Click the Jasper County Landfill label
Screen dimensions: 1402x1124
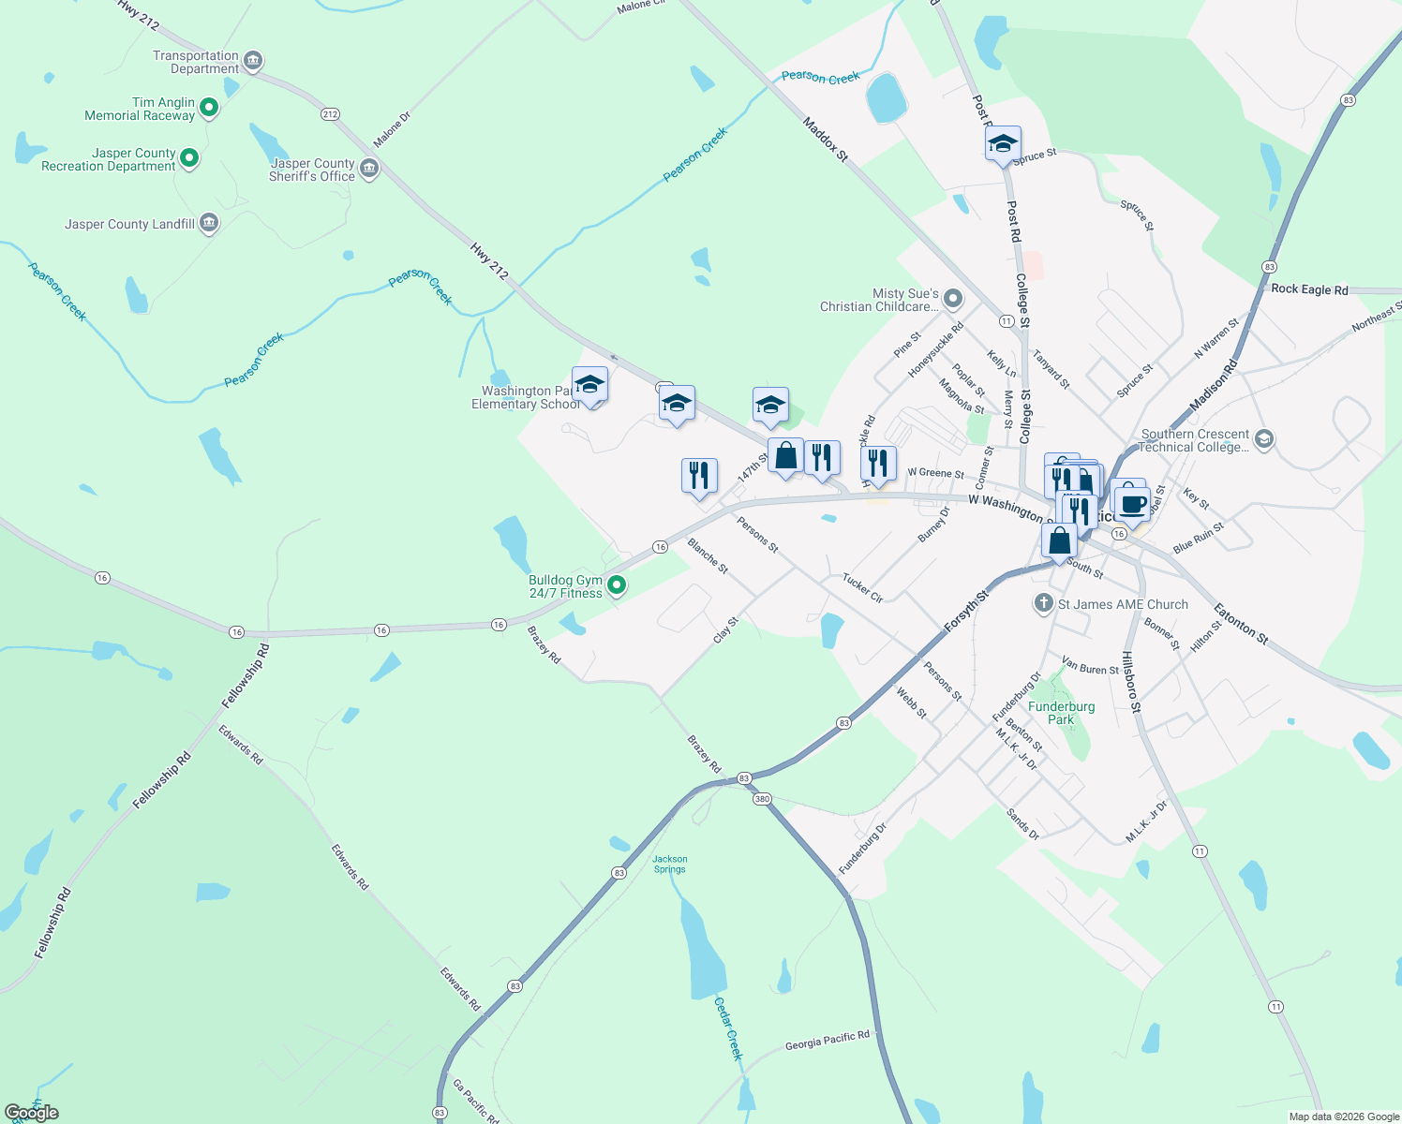(x=129, y=225)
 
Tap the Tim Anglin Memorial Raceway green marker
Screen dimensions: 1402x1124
(x=209, y=108)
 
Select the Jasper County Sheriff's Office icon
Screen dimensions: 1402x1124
(x=369, y=169)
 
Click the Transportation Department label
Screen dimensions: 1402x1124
(x=196, y=63)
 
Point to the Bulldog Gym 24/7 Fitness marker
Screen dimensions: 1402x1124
(x=617, y=585)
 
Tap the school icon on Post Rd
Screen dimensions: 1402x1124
(x=1003, y=144)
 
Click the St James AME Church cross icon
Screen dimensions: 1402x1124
(x=1044, y=603)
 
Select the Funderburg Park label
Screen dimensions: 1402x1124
(x=1061, y=713)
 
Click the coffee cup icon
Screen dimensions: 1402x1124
(x=1132, y=505)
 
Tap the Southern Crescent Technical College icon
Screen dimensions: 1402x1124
(x=1263, y=439)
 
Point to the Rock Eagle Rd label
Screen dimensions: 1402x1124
(x=1309, y=289)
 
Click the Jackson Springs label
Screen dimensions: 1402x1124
(x=669, y=864)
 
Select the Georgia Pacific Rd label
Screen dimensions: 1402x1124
(x=828, y=1041)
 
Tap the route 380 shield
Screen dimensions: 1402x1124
(x=761, y=799)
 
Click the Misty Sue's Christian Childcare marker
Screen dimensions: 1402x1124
(x=953, y=299)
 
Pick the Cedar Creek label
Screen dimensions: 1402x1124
(x=728, y=1028)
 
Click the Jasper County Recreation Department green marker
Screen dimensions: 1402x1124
(x=189, y=158)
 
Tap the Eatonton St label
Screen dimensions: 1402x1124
(x=1241, y=625)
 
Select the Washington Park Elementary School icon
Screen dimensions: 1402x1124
(x=589, y=385)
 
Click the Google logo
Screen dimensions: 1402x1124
(x=32, y=1113)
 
